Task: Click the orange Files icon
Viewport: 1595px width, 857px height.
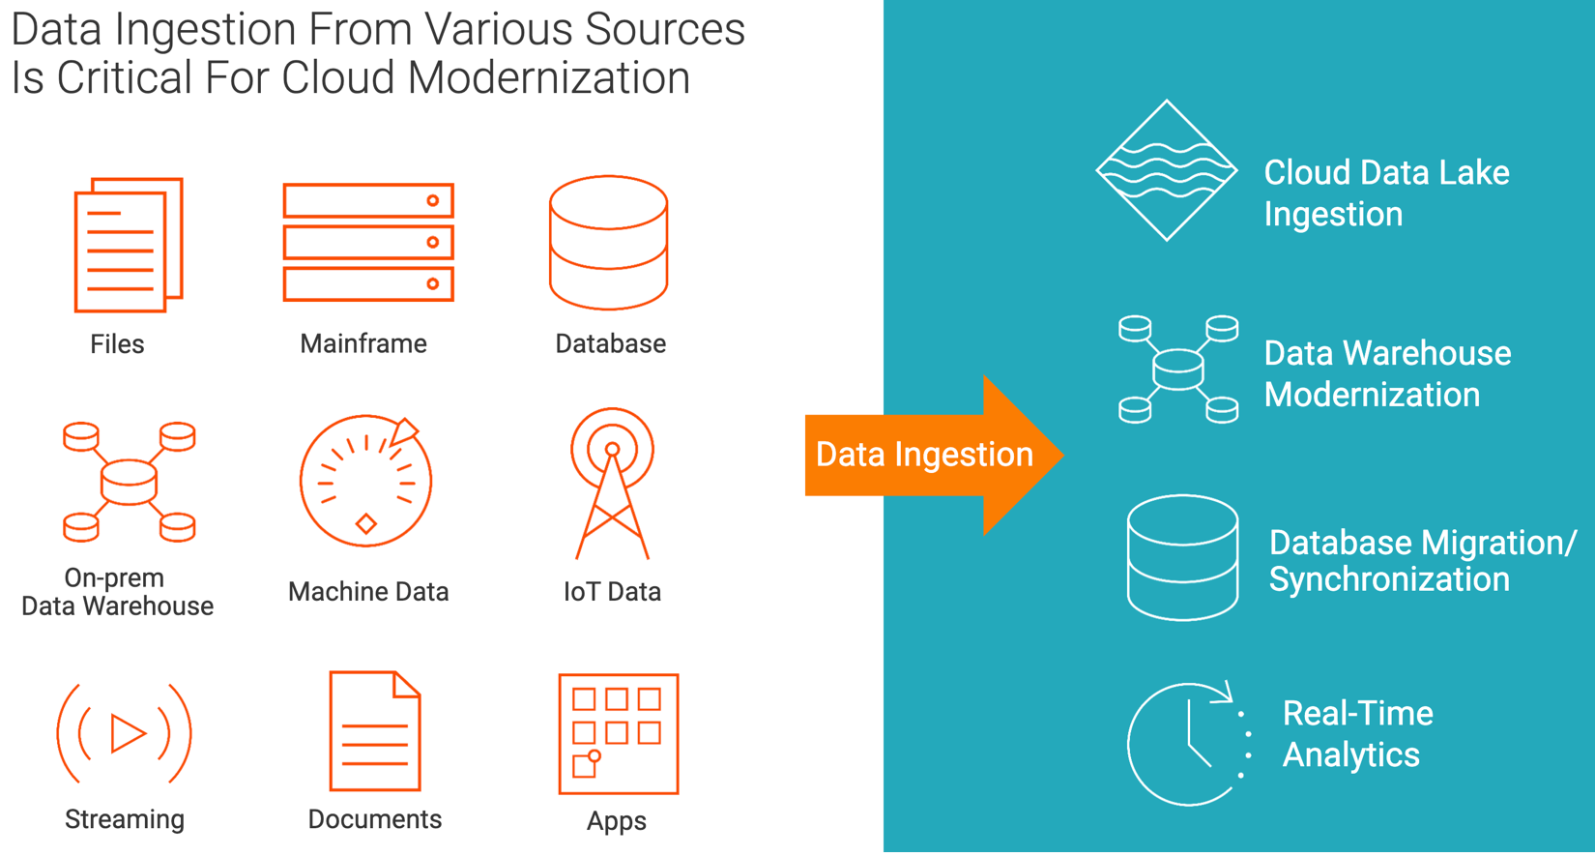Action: (129, 245)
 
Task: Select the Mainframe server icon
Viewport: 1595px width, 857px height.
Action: (368, 242)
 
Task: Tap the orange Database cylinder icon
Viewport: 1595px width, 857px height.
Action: (608, 243)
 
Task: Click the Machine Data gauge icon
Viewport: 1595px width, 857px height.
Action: (365, 481)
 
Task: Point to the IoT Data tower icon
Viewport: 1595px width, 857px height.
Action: (612, 484)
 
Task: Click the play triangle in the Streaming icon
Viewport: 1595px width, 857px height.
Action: (127, 733)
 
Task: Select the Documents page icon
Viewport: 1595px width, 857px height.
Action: (375, 731)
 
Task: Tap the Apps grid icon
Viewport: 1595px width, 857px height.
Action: (619, 734)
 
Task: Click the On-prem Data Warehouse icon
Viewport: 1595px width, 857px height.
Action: (130, 481)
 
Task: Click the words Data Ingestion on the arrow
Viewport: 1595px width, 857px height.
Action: (924, 455)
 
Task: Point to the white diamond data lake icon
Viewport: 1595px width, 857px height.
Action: (1167, 170)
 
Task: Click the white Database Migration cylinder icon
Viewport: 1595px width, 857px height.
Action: (1182, 557)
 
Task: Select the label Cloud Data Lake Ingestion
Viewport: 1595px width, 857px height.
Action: (1385, 192)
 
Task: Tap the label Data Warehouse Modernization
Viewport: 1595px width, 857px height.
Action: (1387, 373)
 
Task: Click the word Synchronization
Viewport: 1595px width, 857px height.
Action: (1389, 579)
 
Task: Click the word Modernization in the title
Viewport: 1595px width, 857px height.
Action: (548, 77)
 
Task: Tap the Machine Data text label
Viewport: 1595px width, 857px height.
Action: (368, 591)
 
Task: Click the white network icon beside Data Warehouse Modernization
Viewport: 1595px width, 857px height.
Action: (1178, 369)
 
